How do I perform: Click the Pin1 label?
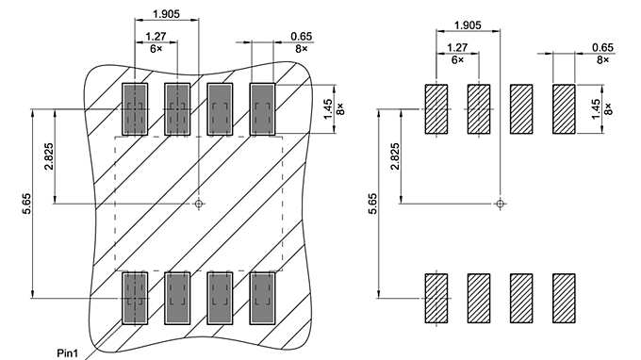67,352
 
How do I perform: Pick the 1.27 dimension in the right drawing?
457,47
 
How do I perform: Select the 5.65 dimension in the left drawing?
26,204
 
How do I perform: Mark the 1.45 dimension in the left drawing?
327,108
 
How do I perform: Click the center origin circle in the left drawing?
198,203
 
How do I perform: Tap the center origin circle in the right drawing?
500,203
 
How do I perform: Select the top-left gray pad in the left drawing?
135,108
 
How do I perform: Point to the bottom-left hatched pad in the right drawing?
436,298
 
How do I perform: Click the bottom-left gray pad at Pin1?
135,298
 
